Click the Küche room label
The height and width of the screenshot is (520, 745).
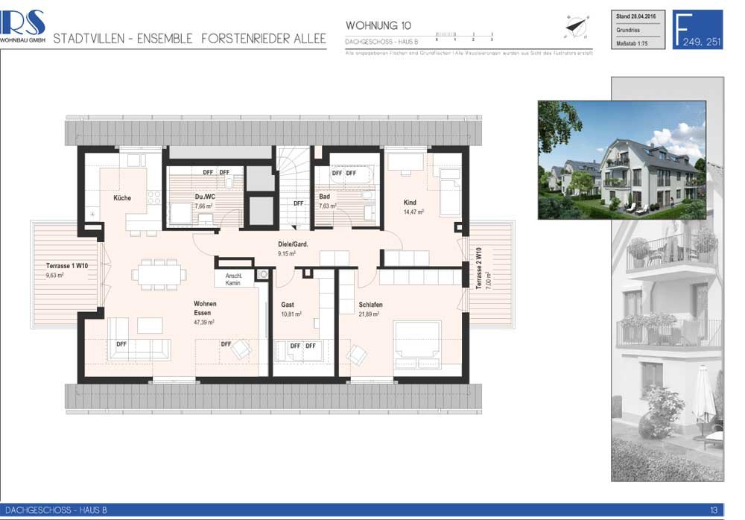pyautogui.click(x=122, y=198)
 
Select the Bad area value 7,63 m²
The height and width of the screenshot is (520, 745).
pyautogui.click(x=329, y=206)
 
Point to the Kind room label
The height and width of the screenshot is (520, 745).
pyautogui.click(x=410, y=203)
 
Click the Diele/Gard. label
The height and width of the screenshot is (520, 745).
pyautogui.click(x=293, y=244)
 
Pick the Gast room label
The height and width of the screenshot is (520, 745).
pyautogui.click(x=288, y=305)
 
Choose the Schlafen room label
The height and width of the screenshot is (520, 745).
pyautogui.click(x=370, y=305)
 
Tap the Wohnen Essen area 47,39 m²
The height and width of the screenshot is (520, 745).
pyautogui.click(x=204, y=323)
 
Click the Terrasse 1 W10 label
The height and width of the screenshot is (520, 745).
pyautogui.click(x=66, y=266)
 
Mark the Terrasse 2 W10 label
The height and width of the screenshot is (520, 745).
pyautogui.click(x=479, y=267)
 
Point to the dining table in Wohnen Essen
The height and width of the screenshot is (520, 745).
pyautogui.click(x=159, y=274)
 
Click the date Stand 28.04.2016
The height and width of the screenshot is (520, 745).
pyautogui.click(x=635, y=15)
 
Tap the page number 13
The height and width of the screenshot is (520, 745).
pyautogui.click(x=713, y=510)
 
